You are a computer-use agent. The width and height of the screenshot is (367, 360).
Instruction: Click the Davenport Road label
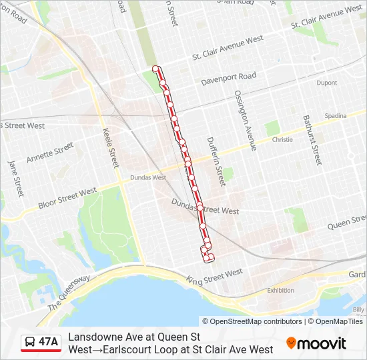[x=229, y=79]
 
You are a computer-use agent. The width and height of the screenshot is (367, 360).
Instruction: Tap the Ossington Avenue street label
[x=244, y=121]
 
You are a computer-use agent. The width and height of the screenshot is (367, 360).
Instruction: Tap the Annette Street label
[x=49, y=153]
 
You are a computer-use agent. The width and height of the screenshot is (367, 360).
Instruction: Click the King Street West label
[x=214, y=276]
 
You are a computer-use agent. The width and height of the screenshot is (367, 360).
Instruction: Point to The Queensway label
[x=69, y=293]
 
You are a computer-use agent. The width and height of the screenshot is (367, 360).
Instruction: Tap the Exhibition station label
[x=280, y=290]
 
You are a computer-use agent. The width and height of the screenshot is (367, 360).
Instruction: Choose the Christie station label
[x=282, y=140]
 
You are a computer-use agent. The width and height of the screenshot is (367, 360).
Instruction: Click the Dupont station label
[x=327, y=83]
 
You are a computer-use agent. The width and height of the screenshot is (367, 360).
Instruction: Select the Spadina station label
[x=336, y=116]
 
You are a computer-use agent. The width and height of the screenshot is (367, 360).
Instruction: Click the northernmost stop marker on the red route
[x=156, y=69]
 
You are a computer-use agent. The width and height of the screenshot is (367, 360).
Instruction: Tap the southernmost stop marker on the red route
[x=211, y=257]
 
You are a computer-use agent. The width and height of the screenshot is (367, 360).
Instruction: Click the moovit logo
[x=316, y=343]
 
